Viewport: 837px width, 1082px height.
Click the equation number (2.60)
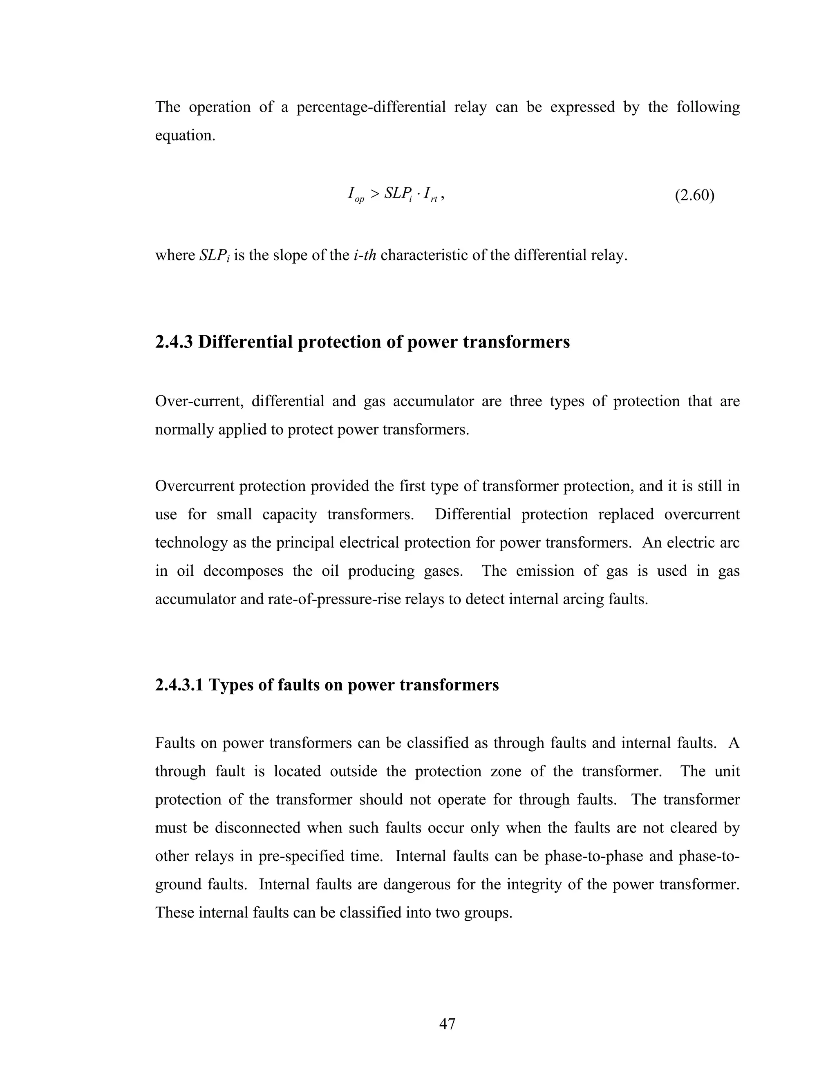(x=694, y=196)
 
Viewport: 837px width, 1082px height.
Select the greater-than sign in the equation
(x=374, y=194)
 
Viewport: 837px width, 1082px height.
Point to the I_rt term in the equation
(x=430, y=194)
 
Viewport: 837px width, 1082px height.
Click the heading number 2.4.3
(x=174, y=342)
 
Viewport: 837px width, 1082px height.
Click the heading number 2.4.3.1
(x=179, y=685)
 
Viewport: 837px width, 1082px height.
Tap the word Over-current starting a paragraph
(x=199, y=401)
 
